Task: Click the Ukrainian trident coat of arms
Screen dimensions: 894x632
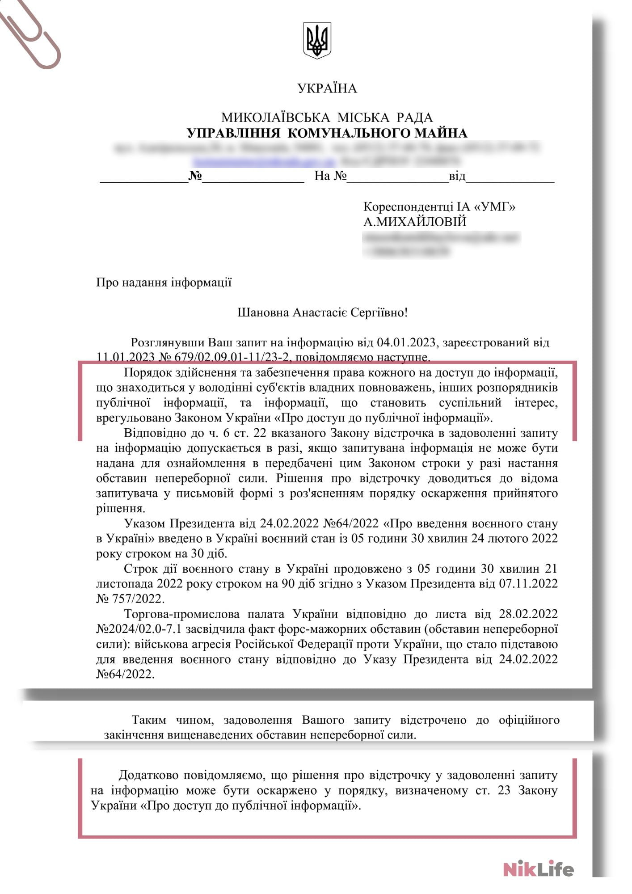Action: coord(317,41)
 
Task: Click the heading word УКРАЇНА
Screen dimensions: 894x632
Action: coord(327,89)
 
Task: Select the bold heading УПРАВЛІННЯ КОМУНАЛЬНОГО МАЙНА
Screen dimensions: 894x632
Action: coord(327,133)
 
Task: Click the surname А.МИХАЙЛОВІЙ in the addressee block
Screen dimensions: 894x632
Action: coord(415,222)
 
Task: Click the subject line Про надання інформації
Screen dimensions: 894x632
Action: coord(164,283)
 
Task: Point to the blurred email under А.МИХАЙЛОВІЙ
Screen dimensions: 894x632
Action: coord(442,238)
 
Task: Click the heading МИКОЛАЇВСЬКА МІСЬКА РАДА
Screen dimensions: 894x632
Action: coord(327,118)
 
